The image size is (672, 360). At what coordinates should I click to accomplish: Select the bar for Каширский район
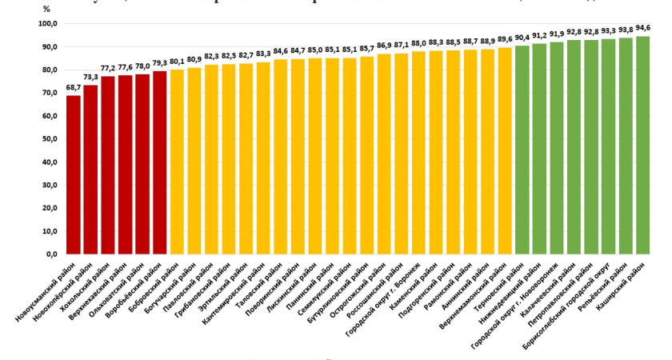point(642,145)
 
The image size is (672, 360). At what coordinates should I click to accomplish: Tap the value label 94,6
point(642,29)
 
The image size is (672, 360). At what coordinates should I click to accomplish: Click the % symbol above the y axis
point(47,9)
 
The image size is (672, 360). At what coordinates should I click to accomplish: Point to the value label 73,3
point(90,78)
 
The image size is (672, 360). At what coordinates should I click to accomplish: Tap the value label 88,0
point(418,43)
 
